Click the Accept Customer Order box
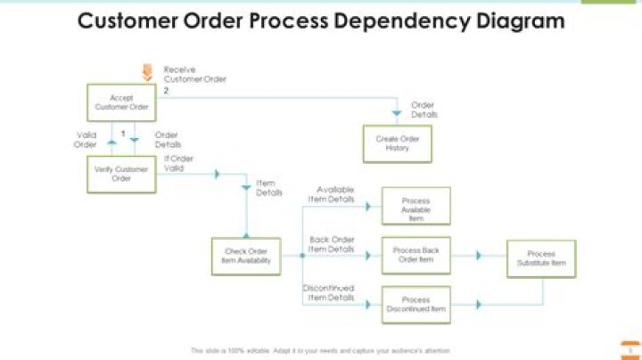click(121, 102)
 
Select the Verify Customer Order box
click(121, 174)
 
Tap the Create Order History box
click(397, 143)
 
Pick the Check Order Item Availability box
click(246, 256)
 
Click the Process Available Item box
click(416, 206)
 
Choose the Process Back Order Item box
click(416, 255)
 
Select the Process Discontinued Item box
click(416, 305)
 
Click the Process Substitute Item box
click(541, 259)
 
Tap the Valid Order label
click(86, 140)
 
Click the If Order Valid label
click(179, 163)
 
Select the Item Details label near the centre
click(269, 187)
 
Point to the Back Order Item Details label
click(331, 244)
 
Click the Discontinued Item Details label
click(328, 293)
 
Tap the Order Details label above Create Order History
click(424, 110)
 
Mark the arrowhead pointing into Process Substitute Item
click(479, 255)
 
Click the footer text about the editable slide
click(320, 350)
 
